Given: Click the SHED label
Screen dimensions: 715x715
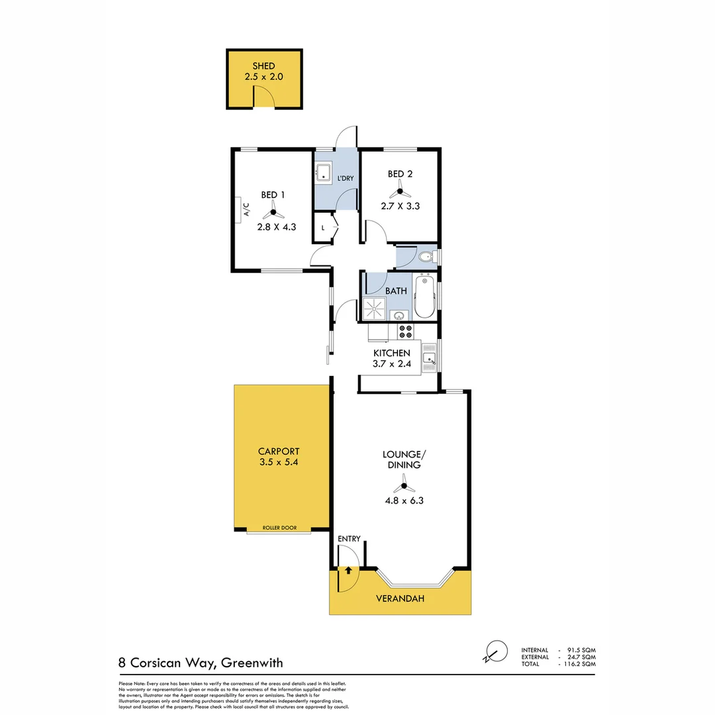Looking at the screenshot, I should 264,66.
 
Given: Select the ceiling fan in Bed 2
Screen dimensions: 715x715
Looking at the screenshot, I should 400,193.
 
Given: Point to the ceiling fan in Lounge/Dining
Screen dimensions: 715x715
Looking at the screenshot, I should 403,485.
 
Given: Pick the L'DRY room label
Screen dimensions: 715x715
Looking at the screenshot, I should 346,179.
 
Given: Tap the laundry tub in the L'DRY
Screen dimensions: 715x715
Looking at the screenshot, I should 324,173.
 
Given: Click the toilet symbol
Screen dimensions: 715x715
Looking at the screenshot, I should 425,256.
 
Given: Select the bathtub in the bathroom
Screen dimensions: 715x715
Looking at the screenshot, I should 424,297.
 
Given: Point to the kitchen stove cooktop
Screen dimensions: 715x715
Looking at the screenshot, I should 405,331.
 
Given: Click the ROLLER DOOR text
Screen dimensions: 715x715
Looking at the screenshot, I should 279,528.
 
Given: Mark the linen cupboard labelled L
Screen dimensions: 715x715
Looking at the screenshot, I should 324,228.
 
